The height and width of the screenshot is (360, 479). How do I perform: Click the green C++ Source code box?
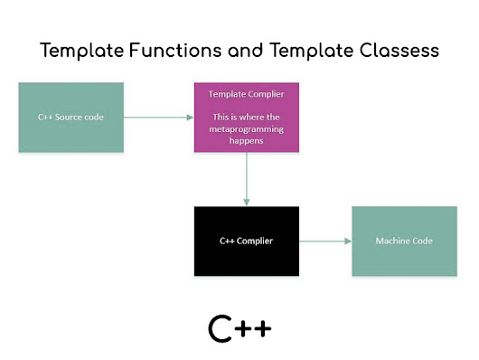coord(70,117)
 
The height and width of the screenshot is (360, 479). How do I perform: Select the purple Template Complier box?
coord(246,117)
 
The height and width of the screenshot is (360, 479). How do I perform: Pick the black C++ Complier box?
coord(246,242)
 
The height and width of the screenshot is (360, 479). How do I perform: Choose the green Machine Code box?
coord(404,242)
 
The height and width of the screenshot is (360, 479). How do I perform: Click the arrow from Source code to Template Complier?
coord(157,117)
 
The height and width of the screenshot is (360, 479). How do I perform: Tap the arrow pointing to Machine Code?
coord(324,242)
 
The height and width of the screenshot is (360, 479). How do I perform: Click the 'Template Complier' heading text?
coord(246,93)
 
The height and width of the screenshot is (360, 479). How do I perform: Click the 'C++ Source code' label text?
coord(70,117)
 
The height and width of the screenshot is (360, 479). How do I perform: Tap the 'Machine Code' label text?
coord(404,242)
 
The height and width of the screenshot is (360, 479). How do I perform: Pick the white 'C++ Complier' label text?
coord(246,242)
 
